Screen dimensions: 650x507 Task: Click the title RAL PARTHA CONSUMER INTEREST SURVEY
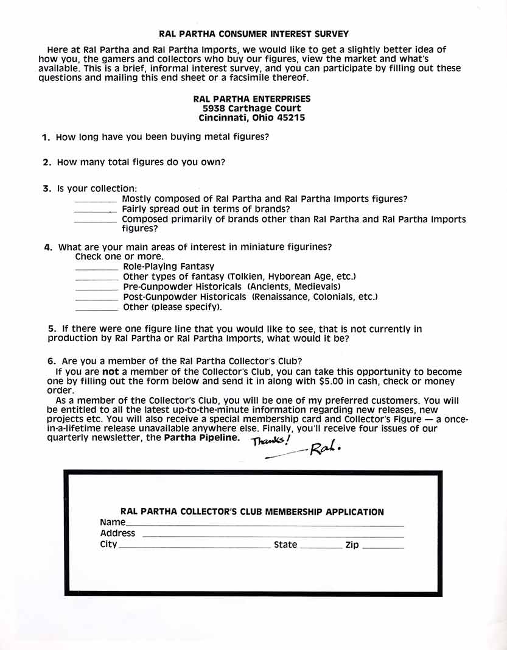253,34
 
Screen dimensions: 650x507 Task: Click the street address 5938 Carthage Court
251,108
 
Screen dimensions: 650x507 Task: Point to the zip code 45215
291,118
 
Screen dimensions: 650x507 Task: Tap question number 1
46,138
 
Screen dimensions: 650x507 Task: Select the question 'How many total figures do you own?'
141,163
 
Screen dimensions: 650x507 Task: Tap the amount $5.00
332,381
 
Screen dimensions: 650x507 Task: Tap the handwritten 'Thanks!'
271,440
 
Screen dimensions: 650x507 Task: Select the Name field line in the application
265,525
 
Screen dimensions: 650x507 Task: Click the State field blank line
321,548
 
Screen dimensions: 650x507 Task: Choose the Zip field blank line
383,548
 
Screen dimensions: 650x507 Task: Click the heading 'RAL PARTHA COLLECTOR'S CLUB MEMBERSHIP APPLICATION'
252,512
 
